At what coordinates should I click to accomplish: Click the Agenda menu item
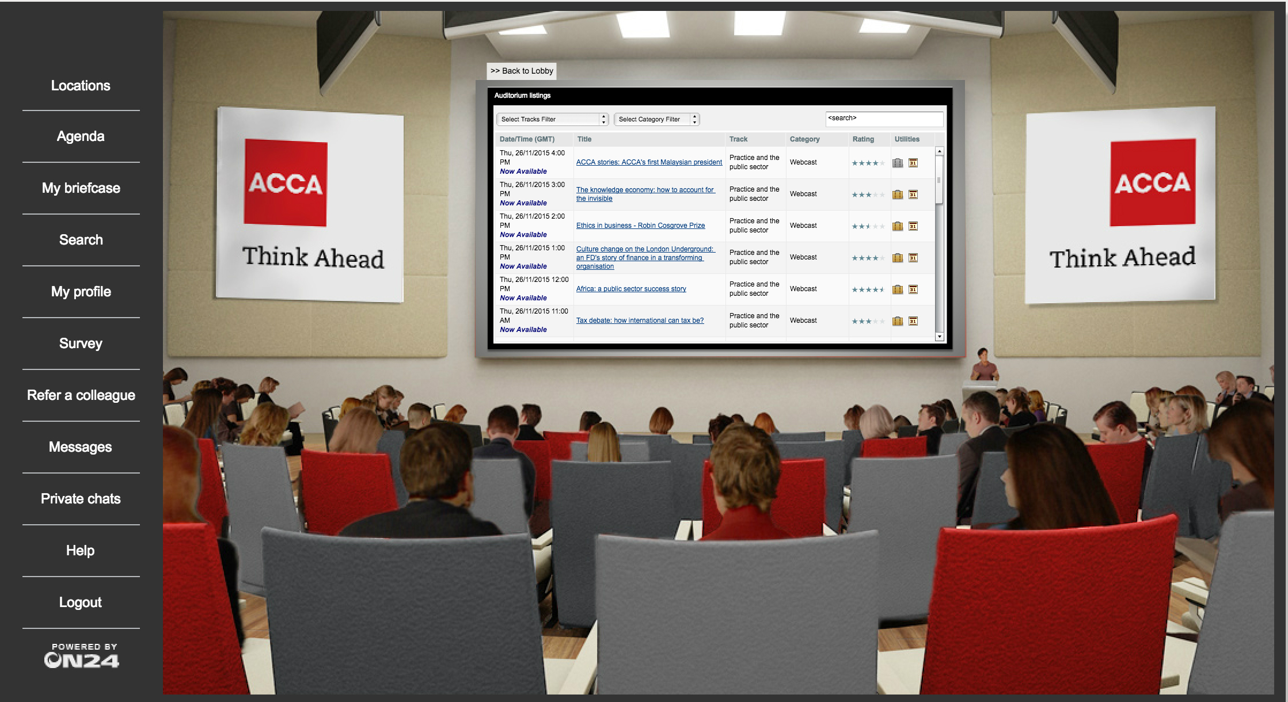coord(81,136)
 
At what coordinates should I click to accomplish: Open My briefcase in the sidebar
coord(81,188)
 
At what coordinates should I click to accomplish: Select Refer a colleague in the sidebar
coord(81,395)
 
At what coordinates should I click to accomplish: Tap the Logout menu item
coord(81,602)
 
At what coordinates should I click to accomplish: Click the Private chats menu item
coord(81,499)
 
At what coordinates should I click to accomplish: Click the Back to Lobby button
coord(522,71)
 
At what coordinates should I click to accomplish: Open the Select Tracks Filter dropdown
coord(552,119)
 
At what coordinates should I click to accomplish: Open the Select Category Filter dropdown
coord(656,119)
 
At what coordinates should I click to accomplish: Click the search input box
coord(884,119)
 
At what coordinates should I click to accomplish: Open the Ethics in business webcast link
coord(640,226)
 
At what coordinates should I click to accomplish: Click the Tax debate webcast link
coord(640,321)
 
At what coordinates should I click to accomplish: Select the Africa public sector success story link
coord(631,289)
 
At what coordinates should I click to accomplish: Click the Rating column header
coord(863,139)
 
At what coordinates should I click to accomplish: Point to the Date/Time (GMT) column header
coord(527,139)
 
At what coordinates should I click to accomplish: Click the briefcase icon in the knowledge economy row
coord(898,194)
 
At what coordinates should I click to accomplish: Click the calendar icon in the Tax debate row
coord(913,321)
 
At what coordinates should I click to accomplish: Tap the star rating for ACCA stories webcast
coord(868,163)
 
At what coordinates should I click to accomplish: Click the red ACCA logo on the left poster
coord(286,182)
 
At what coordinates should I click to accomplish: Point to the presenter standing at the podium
coord(984,365)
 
